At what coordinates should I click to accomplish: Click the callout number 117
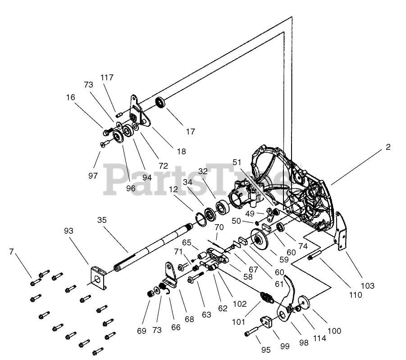(107, 78)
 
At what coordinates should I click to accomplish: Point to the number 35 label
(102, 221)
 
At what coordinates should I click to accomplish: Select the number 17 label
(190, 132)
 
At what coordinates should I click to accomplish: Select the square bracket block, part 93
(98, 277)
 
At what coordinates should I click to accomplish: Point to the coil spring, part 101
(268, 299)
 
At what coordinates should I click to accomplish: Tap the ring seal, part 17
(161, 103)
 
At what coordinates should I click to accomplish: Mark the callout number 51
(237, 162)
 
